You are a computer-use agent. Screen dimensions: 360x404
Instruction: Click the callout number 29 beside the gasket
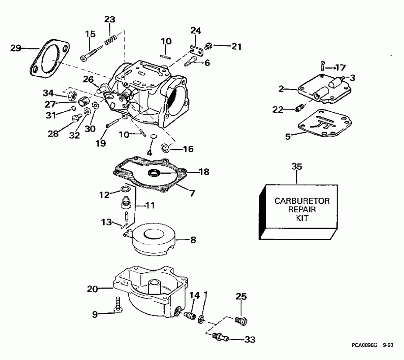(16, 48)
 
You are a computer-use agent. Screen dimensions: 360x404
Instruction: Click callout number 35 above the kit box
(297, 167)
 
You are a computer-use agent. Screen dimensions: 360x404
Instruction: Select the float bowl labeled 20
(144, 292)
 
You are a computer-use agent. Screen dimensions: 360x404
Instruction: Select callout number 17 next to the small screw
(340, 68)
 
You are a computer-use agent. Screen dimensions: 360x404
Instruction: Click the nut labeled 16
(164, 147)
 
